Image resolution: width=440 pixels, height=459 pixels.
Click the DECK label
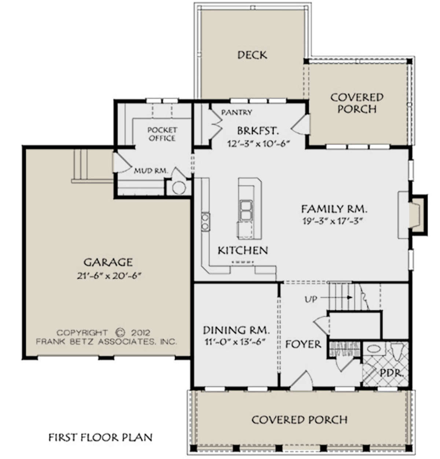click(x=252, y=55)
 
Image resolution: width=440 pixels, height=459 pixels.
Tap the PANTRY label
click(x=236, y=112)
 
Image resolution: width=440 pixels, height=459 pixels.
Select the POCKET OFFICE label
click(x=162, y=134)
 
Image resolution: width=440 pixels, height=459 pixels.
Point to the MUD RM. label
click(x=151, y=171)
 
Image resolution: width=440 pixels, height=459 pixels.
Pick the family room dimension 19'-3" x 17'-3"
click(x=332, y=221)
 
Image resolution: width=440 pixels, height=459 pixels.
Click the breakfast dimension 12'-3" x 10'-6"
click(x=258, y=143)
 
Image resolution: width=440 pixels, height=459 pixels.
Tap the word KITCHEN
click(x=243, y=250)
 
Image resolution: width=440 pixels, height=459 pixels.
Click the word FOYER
click(x=303, y=344)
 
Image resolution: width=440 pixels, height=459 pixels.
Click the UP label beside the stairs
click(x=311, y=299)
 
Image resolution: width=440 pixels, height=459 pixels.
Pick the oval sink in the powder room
click(x=373, y=349)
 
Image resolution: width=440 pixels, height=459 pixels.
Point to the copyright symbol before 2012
click(x=120, y=333)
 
